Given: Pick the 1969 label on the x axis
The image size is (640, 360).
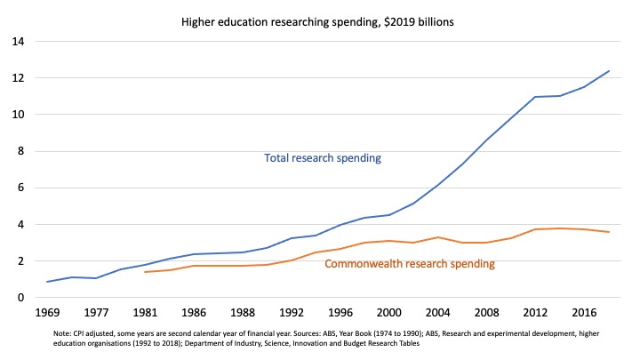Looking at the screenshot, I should (x=49, y=315).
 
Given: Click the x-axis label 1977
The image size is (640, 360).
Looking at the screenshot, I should (x=97, y=315).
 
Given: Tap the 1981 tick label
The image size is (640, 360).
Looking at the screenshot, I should (x=145, y=315).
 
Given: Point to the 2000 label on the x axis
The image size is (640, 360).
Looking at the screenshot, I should (x=388, y=315).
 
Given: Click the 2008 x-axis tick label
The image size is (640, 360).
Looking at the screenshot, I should (x=484, y=315).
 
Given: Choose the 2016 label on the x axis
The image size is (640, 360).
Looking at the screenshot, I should (x=581, y=315).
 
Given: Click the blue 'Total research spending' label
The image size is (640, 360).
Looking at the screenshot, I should (x=323, y=158).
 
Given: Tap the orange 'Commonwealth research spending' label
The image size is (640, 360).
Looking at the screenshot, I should (x=410, y=264).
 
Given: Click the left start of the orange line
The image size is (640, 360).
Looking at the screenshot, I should (x=145, y=272).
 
